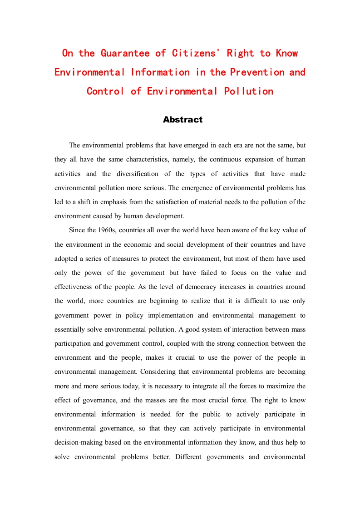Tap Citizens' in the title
click(196, 53)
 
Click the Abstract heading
click(182, 120)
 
